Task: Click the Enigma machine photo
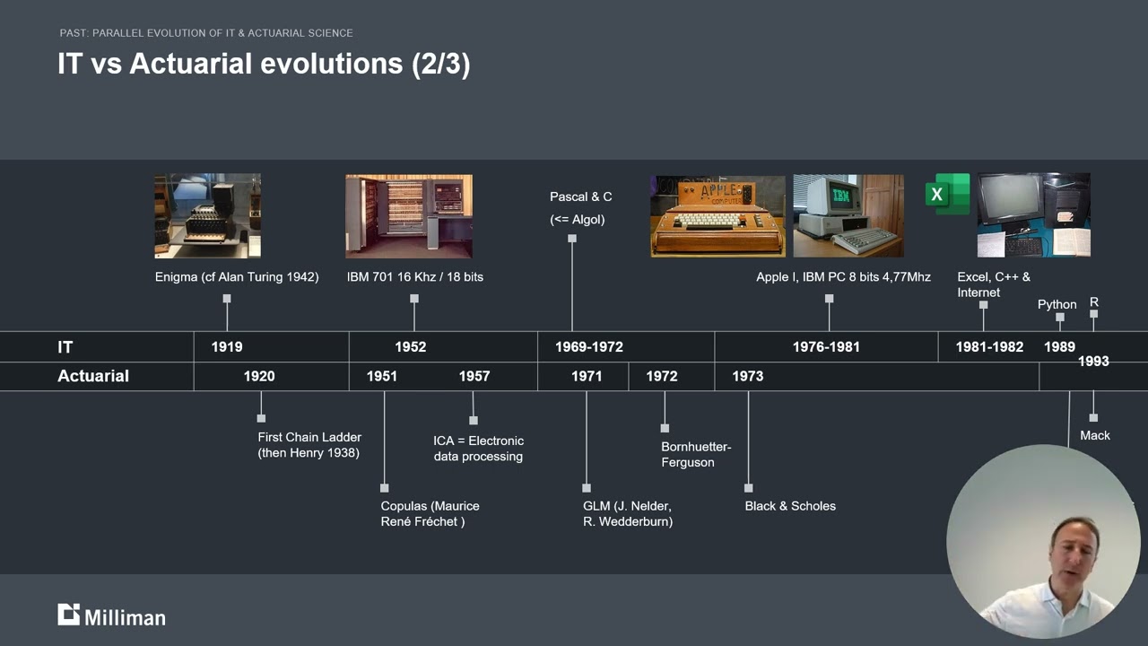[207, 215]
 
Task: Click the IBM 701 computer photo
[409, 216]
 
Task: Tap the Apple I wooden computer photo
[717, 216]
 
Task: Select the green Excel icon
[947, 194]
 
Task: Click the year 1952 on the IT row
[410, 347]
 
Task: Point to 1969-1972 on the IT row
[588, 347]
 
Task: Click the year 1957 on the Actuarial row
[474, 376]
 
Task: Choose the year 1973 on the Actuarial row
[747, 376]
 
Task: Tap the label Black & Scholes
[789, 506]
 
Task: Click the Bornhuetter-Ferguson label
[696, 454]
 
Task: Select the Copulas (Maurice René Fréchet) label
[430, 513]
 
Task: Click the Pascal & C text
[580, 196]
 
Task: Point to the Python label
[1057, 304]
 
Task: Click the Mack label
[1094, 435]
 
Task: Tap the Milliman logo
[111, 615]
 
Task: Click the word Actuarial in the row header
[93, 376]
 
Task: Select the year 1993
[1093, 362]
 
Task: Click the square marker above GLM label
[587, 488]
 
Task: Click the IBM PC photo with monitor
[848, 216]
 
